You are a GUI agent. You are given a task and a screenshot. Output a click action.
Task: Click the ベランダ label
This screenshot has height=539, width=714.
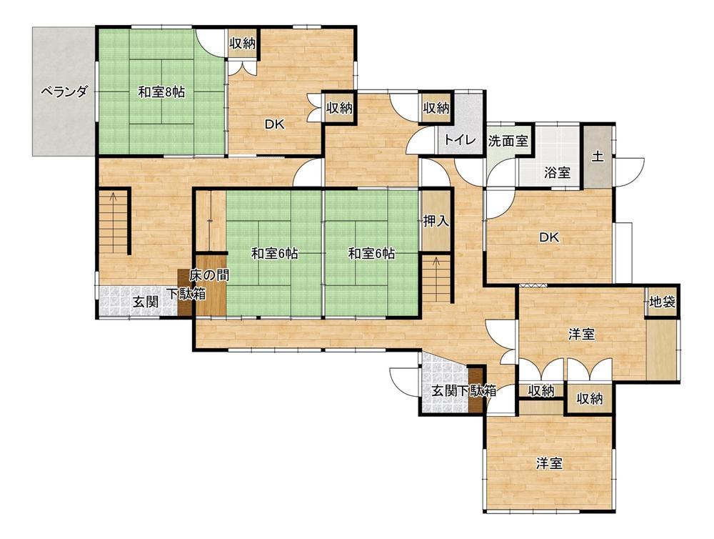[x=64, y=92]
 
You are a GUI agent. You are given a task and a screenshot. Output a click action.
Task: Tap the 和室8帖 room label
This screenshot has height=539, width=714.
[x=161, y=92]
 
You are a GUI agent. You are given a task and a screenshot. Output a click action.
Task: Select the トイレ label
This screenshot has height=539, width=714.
[x=459, y=140]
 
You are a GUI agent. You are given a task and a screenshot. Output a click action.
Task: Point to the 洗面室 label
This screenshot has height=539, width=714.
[x=508, y=141]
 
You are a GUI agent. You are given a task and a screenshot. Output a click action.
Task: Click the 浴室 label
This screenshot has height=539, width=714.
[x=558, y=173]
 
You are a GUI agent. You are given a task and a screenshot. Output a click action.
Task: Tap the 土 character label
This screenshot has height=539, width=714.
[x=598, y=157]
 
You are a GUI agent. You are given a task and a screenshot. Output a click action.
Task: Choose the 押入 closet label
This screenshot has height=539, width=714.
[x=436, y=221]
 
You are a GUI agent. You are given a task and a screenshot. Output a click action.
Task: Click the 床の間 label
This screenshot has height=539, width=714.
[x=209, y=275]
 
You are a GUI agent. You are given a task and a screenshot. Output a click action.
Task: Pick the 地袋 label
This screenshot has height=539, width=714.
[x=662, y=302]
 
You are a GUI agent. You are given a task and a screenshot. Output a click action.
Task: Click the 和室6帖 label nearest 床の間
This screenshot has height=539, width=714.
[x=275, y=254]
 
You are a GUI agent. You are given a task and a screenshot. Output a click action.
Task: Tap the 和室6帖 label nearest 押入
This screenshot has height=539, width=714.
[x=371, y=254]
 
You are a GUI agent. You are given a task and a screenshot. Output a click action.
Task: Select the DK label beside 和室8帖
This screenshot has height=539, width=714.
[x=275, y=124]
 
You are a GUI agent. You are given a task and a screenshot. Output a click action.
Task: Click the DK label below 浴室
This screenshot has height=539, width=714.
[x=548, y=237]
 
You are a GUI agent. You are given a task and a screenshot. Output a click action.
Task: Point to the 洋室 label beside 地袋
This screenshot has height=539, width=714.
[x=581, y=335]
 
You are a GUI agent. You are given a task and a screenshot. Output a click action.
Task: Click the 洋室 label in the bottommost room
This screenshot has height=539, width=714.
[x=548, y=464]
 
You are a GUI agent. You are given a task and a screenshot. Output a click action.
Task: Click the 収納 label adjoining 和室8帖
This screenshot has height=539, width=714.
[x=242, y=44]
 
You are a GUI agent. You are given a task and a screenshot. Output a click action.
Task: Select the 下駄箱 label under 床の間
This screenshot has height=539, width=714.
[x=186, y=294]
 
